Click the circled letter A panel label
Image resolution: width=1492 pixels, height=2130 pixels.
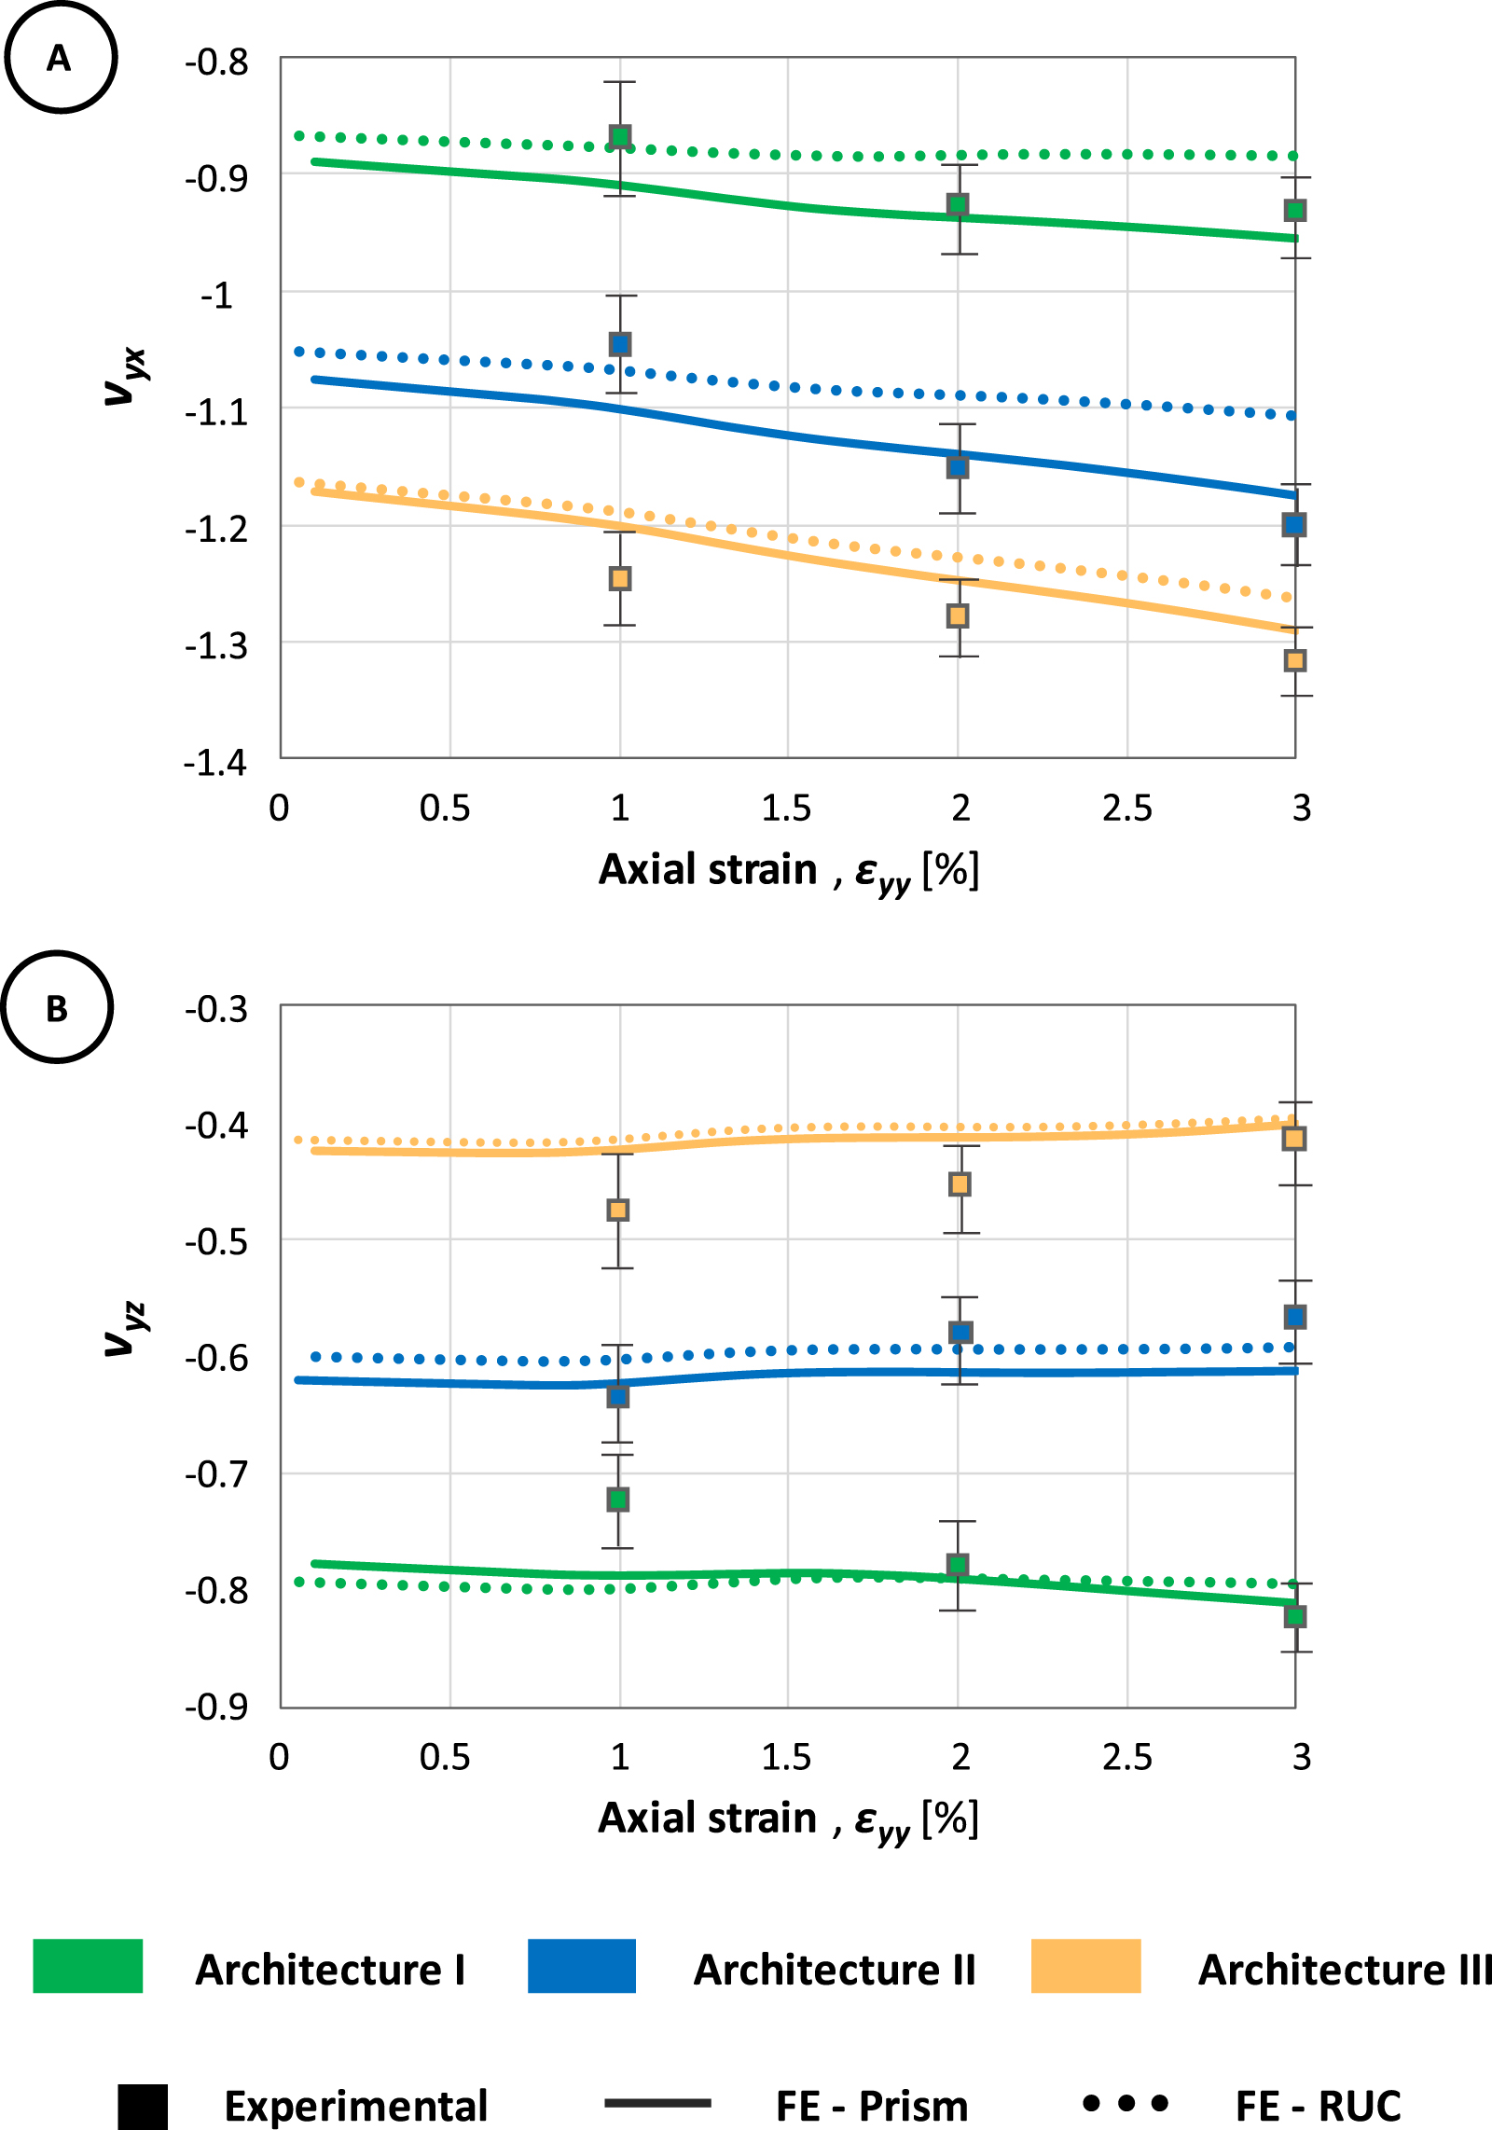coord(61,58)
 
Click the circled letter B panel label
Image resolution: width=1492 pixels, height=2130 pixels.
coord(58,1007)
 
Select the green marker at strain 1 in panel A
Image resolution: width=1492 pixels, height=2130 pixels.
coord(620,137)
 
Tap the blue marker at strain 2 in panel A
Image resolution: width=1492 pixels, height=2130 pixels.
coord(958,466)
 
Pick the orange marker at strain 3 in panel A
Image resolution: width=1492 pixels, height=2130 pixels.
coord(1294,660)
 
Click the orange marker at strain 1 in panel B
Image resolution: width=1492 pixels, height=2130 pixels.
coord(617,1210)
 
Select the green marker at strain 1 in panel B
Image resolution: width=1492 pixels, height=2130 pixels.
coord(617,1500)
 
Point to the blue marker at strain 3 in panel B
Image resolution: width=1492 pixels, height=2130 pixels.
coord(1294,1317)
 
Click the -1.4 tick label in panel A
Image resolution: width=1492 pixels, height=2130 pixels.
coord(215,763)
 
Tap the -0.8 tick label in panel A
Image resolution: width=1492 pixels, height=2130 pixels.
coord(216,62)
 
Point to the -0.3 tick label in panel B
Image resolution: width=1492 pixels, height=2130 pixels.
coord(216,1009)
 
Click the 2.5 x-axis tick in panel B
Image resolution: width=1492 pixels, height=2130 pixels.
coord(1126,1757)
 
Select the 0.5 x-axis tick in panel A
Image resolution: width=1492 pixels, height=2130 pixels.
coord(445,809)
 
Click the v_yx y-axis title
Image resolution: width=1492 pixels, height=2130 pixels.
coord(124,376)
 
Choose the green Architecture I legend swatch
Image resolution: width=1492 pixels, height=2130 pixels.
coord(88,1966)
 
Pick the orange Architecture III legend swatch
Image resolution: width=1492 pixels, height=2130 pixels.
coord(1085,1966)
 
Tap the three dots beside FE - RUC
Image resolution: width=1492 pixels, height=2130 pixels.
coord(1126,2103)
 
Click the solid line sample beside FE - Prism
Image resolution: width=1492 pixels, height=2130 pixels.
coord(657,2103)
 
